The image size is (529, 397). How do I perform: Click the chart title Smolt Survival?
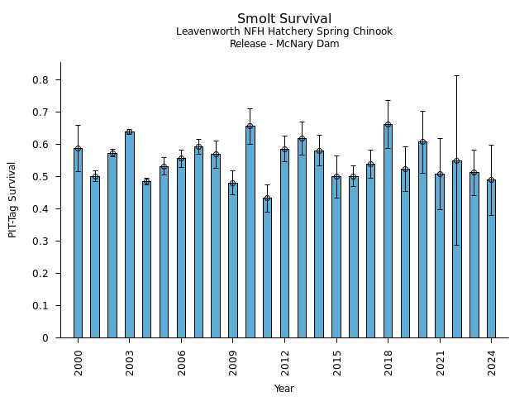pos(284,19)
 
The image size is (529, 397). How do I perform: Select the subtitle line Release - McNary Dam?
pos(284,44)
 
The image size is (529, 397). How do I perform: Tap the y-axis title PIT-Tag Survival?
pos(12,199)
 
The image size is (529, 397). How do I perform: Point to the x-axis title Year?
pos(284,389)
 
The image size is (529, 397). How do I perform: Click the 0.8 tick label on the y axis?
pos(40,80)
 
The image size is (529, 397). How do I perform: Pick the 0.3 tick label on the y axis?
pos(40,242)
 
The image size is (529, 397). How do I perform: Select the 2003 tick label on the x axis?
pos(130,361)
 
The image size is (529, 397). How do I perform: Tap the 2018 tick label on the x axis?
pos(388,361)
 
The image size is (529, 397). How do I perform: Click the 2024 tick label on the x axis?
pos(491,361)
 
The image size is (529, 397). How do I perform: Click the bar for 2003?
pos(130,235)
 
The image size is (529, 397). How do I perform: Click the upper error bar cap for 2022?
pos(457,76)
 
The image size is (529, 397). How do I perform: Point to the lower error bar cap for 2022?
pos(457,245)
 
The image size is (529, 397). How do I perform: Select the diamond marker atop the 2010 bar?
pos(250,127)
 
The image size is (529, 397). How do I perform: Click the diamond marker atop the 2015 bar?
pos(336,177)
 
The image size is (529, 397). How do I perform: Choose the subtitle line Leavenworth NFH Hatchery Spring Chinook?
pos(284,31)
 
